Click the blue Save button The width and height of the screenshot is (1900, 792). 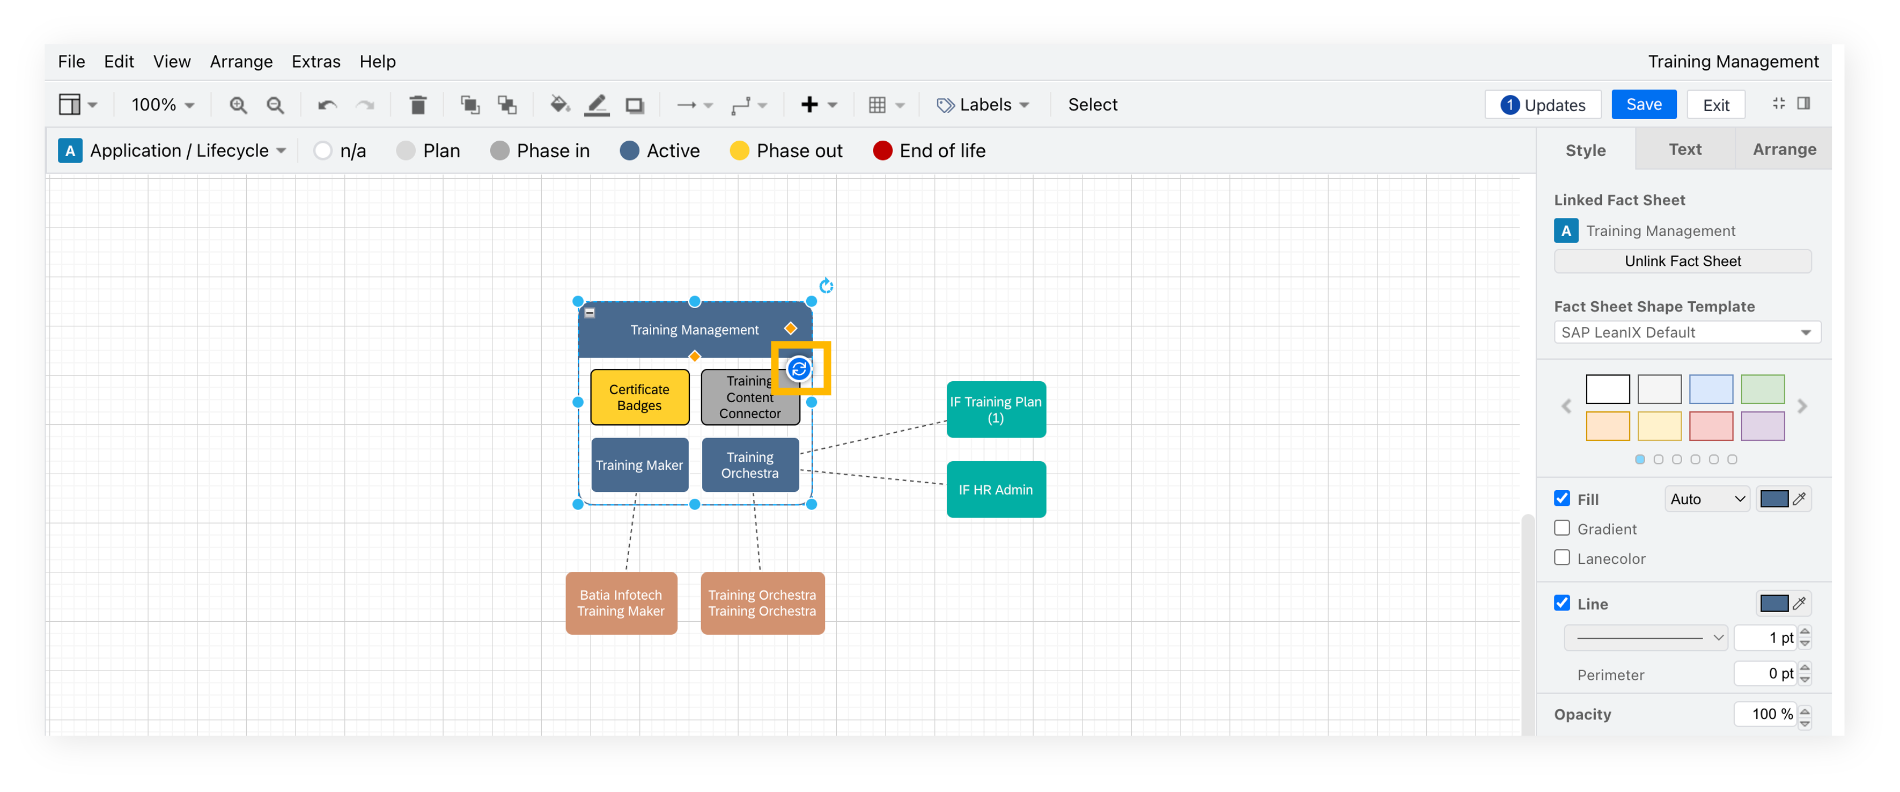(x=1644, y=105)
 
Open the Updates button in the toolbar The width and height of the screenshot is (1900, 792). (x=1542, y=105)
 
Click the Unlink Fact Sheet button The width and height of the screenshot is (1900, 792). (x=1682, y=261)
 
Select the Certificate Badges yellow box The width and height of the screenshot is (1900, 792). (x=639, y=397)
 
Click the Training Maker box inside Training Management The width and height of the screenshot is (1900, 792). (x=639, y=465)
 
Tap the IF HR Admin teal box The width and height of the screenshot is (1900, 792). (x=996, y=489)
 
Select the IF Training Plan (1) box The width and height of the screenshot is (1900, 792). (x=996, y=410)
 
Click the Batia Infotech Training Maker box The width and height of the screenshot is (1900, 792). (x=621, y=603)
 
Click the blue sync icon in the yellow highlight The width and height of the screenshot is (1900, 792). (x=799, y=368)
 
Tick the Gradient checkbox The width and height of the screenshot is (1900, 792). (x=1562, y=528)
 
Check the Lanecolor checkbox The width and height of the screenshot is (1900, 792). (x=1562, y=558)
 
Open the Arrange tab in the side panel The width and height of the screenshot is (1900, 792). (x=1784, y=150)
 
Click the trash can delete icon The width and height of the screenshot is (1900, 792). (x=418, y=105)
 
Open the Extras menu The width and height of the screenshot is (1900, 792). (x=315, y=61)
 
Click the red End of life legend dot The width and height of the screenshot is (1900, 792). (x=882, y=150)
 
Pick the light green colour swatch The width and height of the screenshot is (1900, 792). (x=1763, y=389)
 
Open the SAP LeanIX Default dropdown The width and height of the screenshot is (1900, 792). (x=1687, y=332)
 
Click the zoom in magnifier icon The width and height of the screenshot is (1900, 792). (x=238, y=105)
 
